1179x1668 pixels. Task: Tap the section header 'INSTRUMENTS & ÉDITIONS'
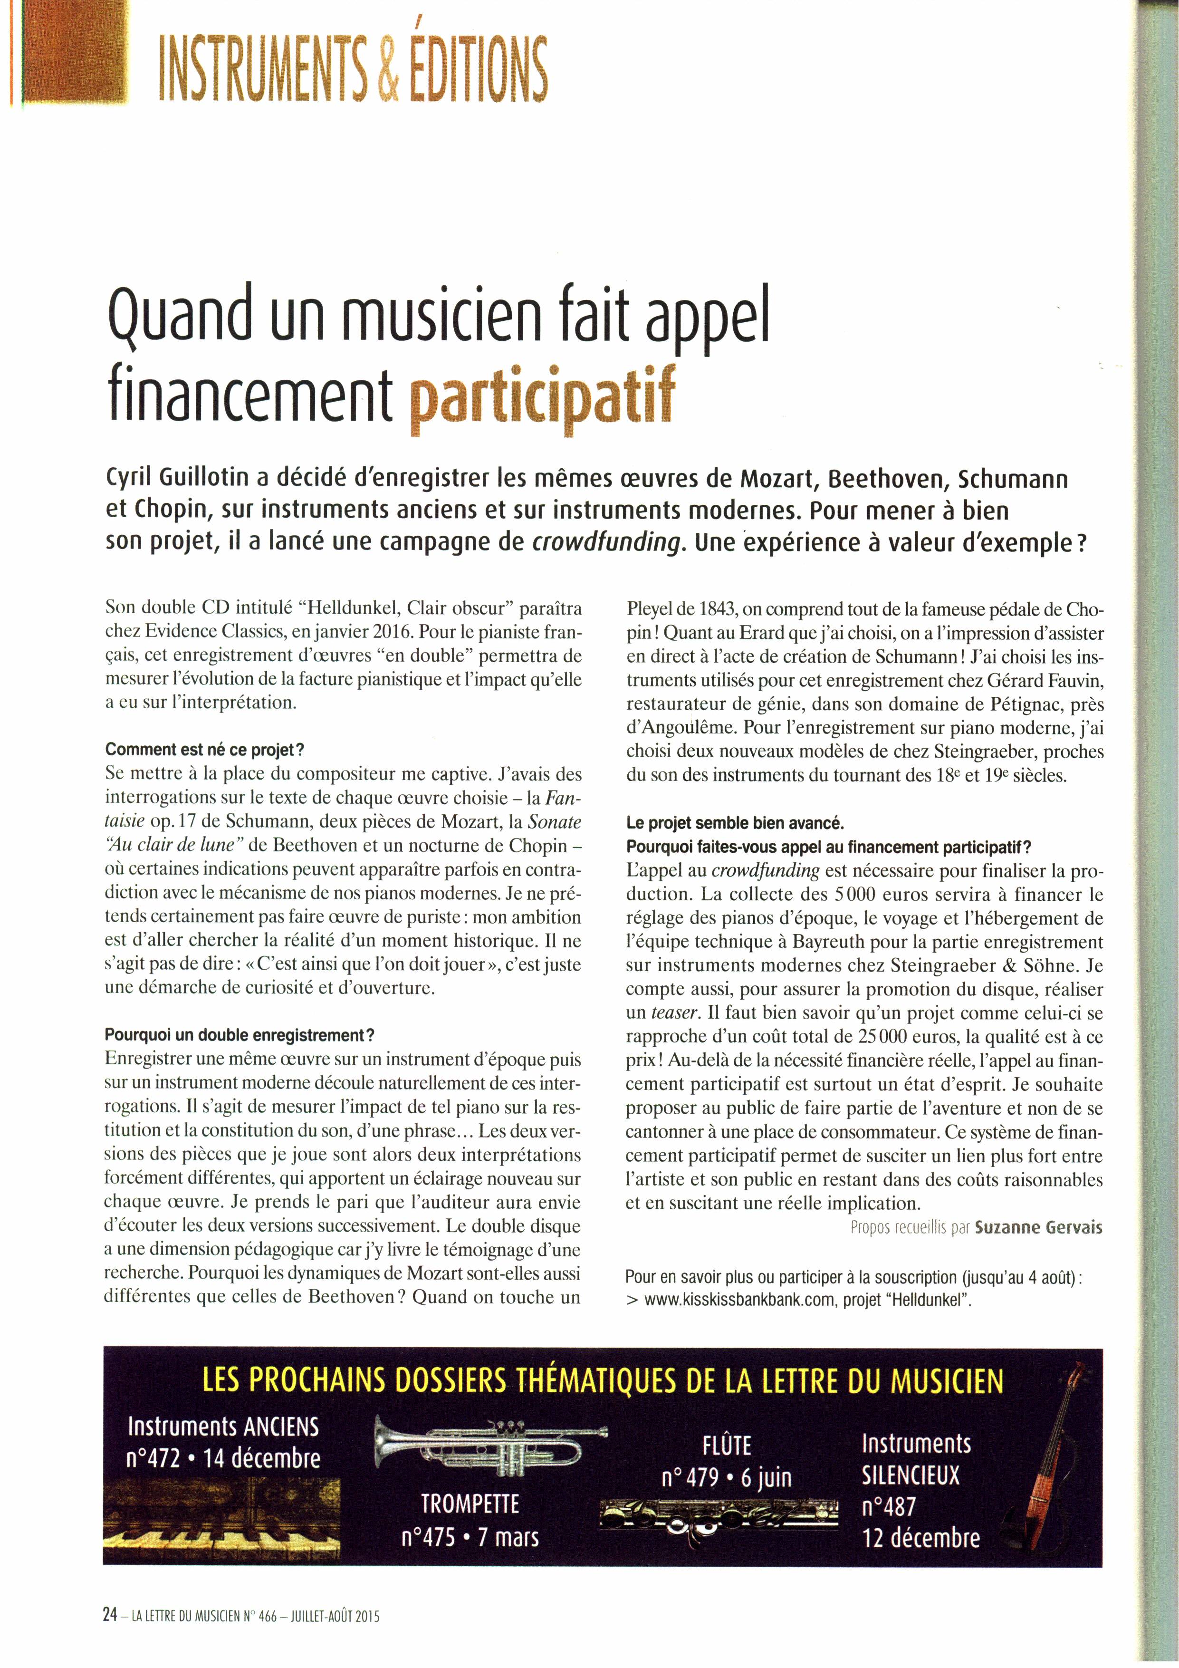click(353, 70)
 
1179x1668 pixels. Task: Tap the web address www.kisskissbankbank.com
click(738, 1301)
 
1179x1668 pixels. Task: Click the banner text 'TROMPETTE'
click(470, 1503)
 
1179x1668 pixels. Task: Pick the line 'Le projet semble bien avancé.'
click(735, 823)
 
